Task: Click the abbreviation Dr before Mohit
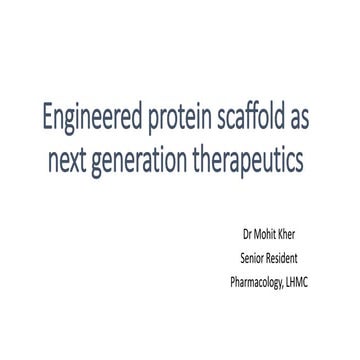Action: point(249,238)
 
